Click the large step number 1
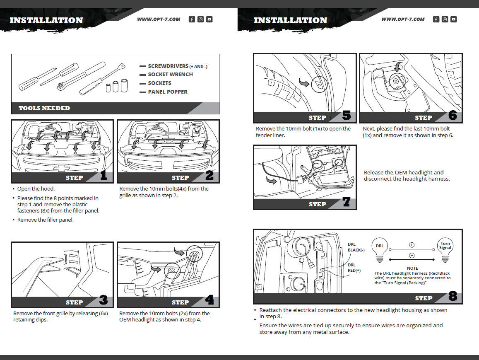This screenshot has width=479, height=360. [104, 176]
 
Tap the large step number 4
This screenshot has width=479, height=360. [210, 300]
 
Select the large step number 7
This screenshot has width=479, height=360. [347, 202]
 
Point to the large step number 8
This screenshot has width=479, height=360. [453, 297]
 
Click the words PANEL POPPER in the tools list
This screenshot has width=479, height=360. [168, 92]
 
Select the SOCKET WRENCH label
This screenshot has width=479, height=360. [170, 75]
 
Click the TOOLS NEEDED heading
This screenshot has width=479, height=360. [44, 108]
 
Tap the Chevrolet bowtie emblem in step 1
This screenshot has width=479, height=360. [63, 168]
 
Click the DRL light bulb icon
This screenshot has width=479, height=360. [380, 248]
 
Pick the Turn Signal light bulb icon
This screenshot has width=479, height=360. [445, 249]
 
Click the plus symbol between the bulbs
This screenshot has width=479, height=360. [412, 245]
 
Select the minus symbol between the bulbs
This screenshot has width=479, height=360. [412, 255]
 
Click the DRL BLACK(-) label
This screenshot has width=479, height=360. [356, 247]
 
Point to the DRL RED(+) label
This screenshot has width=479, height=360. [354, 268]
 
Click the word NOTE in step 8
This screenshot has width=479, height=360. [412, 268]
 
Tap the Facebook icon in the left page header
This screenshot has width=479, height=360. [192, 19]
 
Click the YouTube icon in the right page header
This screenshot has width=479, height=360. [454, 19]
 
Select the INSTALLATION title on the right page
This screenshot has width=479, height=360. [290, 20]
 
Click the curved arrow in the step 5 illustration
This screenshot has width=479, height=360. [304, 84]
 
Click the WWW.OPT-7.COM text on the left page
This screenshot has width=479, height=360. [159, 19]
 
